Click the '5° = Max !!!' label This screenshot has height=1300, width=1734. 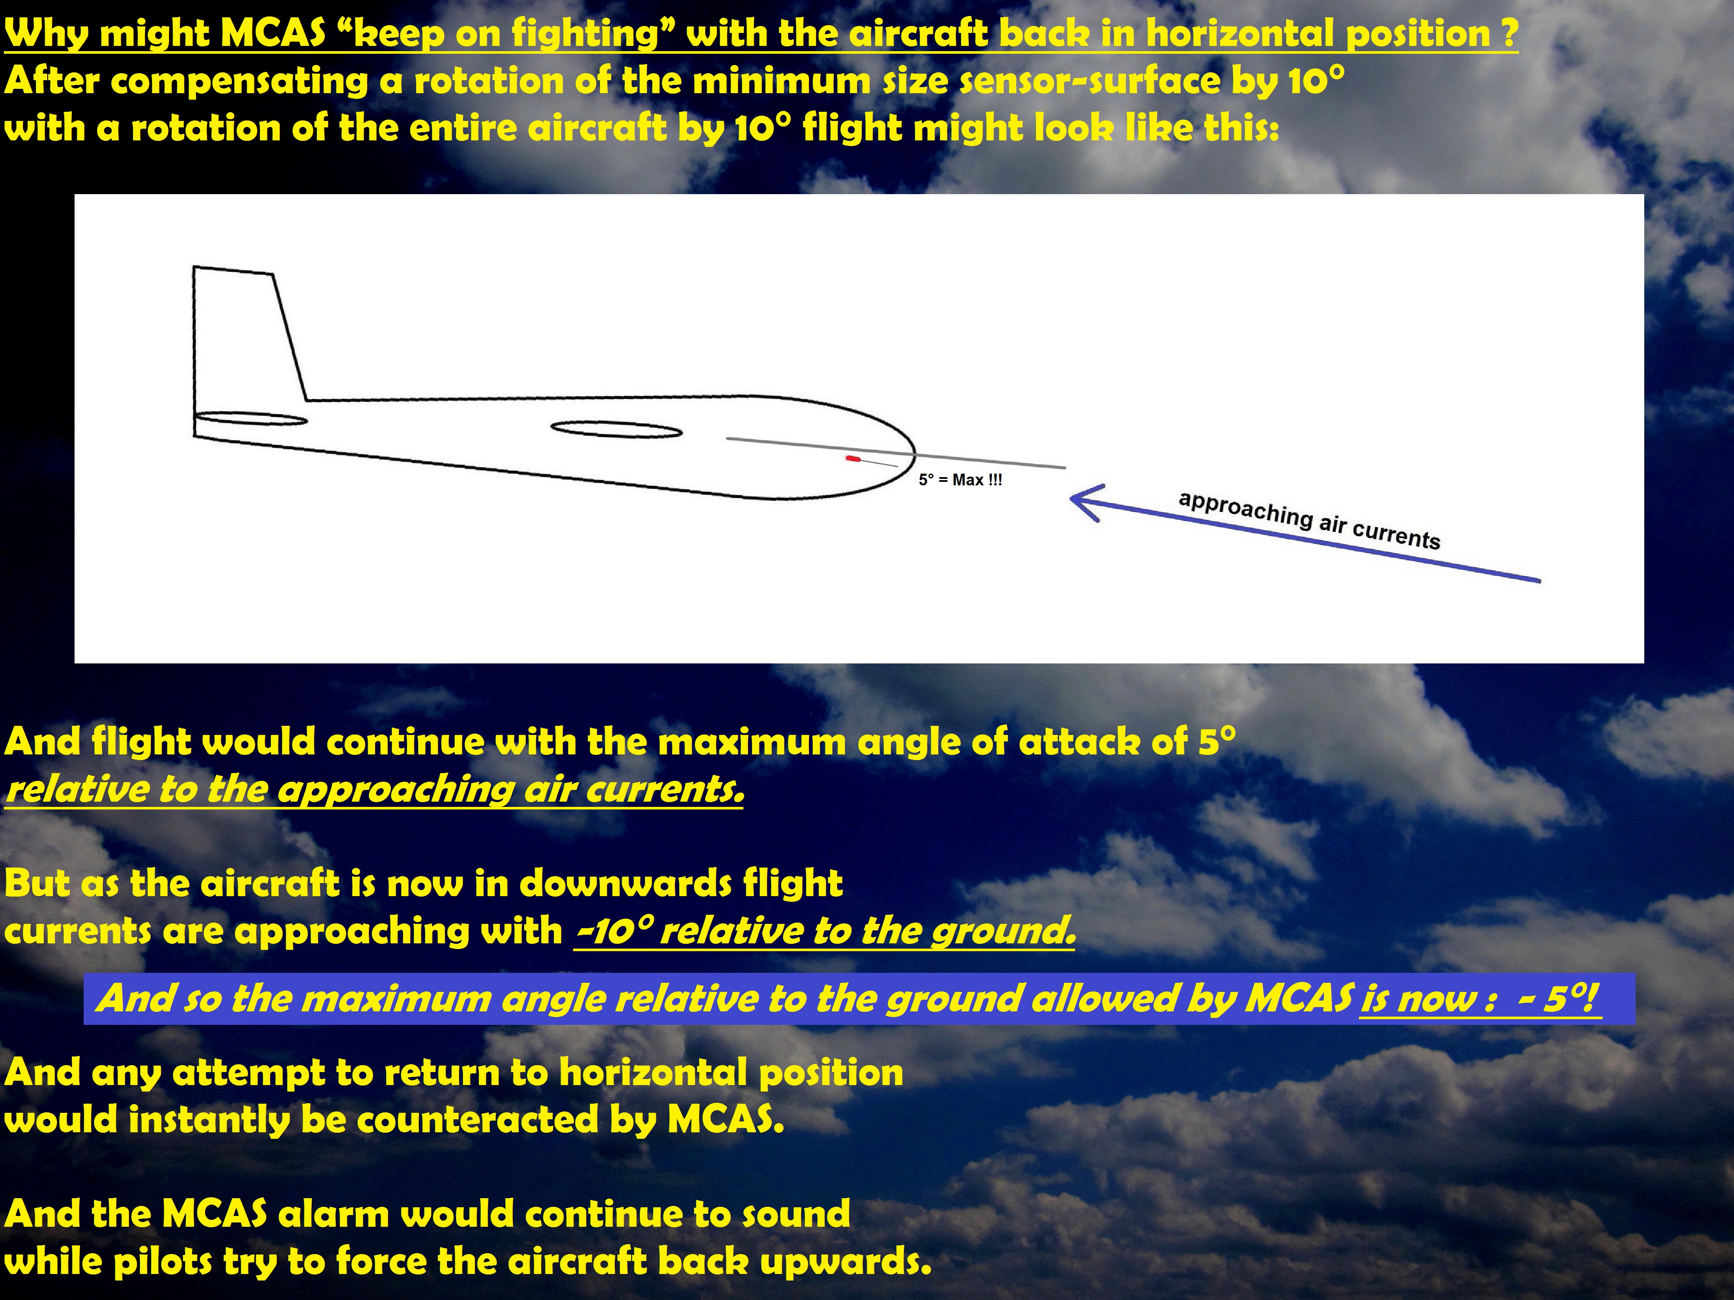(960, 480)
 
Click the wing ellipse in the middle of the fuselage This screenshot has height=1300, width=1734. (616, 429)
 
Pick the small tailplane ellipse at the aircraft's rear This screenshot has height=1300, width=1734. (251, 419)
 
